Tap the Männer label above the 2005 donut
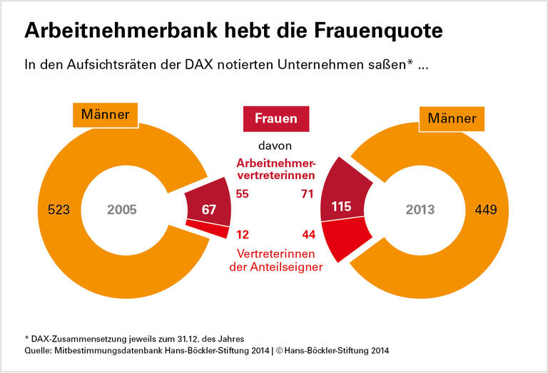105,114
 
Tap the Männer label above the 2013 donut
451,118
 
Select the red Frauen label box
275,118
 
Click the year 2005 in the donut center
121,210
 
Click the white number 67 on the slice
208,209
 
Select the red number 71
308,194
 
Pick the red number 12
242,235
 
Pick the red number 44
308,235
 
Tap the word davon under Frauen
275,145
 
